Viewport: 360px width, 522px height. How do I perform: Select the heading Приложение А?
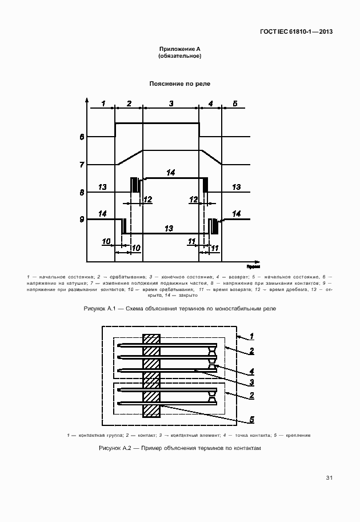pyautogui.click(x=179, y=50)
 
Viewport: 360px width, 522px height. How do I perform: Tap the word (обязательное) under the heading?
pyautogui.click(x=179, y=57)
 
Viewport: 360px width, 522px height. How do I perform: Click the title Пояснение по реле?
pyautogui.click(x=179, y=83)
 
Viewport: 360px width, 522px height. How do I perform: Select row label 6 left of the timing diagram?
pyautogui.click(x=82, y=137)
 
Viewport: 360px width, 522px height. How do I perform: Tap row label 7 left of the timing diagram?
pyautogui.click(x=82, y=165)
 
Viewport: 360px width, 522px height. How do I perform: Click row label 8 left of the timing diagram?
pyautogui.click(x=82, y=192)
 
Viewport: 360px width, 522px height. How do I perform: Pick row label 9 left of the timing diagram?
pyautogui.click(x=82, y=219)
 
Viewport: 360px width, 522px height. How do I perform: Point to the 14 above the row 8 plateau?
pyautogui.click(x=170, y=172)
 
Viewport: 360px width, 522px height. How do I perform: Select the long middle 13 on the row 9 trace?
pyautogui.click(x=169, y=228)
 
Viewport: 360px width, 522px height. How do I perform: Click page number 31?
pyautogui.click(x=329, y=477)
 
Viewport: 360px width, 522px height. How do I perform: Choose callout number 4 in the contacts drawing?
pyautogui.click(x=251, y=370)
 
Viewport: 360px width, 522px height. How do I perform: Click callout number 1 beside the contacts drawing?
pyautogui.click(x=251, y=336)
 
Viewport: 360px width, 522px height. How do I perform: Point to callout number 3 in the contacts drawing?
pyautogui.click(x=251, y=382)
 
